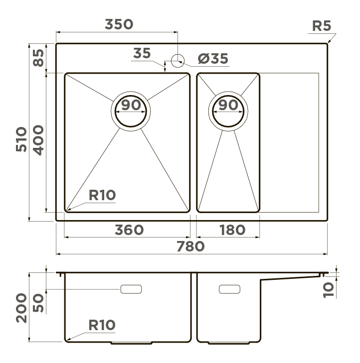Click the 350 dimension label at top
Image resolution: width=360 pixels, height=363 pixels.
click(119, 24)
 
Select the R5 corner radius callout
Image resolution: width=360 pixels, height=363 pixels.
click(322, 26)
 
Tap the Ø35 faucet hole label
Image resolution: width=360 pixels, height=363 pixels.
click(213, 59)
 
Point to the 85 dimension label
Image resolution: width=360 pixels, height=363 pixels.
click(38, 58)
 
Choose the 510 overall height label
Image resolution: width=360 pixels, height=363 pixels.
click(21, 139)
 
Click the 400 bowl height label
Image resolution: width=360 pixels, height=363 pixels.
click(38, 140)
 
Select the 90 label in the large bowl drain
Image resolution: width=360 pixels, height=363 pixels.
click(131, 105)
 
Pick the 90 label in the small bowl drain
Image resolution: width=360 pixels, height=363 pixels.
click(228, 105)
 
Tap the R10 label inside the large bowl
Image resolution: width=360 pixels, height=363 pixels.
click(102, 195)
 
